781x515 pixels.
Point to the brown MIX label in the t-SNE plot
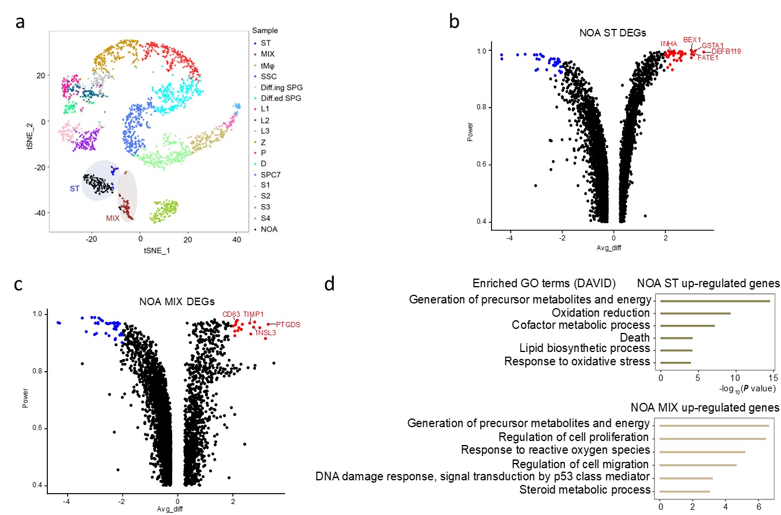click(113, 219)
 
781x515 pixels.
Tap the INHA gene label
click(669, 43)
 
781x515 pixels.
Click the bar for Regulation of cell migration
click(698, 465)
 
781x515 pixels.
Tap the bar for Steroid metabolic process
click(685, 491)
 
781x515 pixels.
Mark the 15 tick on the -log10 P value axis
click(773, 378)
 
